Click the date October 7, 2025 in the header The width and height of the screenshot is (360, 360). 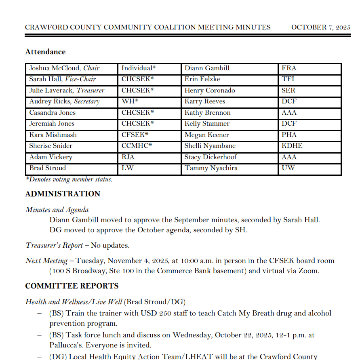click(x=320, y=27)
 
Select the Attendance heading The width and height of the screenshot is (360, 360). click(x=45, y=52)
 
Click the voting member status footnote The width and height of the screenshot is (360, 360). click(x=69, y=180)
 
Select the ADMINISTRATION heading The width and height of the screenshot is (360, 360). click(x=63, y=194)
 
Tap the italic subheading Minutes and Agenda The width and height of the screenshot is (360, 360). click(x=57, y=210)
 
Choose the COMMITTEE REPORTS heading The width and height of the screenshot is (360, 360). click(x=72, y=286)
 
